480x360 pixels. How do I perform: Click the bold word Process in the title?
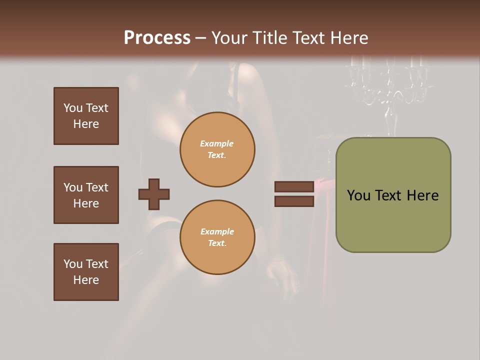point(157,38)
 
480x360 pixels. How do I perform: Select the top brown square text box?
point(86,116)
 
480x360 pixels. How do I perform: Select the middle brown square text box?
point(86,195)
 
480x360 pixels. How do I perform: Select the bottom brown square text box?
point(86,272)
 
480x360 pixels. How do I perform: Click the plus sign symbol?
point(154,194)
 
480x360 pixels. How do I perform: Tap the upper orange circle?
point(217,149)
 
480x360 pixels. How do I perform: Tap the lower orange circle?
point(217,237)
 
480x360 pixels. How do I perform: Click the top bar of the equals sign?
point(294,187)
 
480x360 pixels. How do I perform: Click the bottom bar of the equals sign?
point(294,201)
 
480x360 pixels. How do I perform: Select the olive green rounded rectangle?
point(393,195)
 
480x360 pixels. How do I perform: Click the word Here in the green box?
point(422,195)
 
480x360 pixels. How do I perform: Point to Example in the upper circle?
point(217,143)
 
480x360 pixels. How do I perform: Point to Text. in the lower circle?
point(217,243)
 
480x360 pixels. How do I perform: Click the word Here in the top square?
point(86,124)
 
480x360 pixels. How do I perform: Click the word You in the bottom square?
point(73,264)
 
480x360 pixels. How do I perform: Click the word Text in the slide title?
point(306,38)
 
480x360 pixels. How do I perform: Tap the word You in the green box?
point(358,195)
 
